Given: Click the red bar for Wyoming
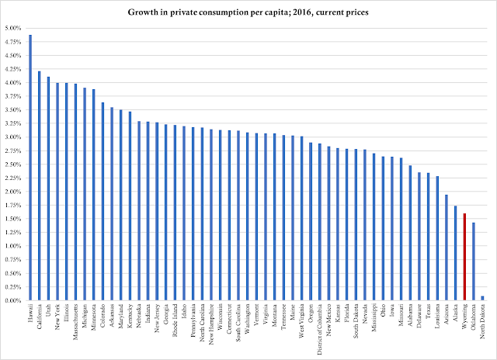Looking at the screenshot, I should click(464, 257).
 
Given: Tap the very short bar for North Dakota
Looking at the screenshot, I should click(483, 298).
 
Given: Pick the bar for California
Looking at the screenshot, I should click(40, 186).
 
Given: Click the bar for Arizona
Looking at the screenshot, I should click(447, 247).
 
